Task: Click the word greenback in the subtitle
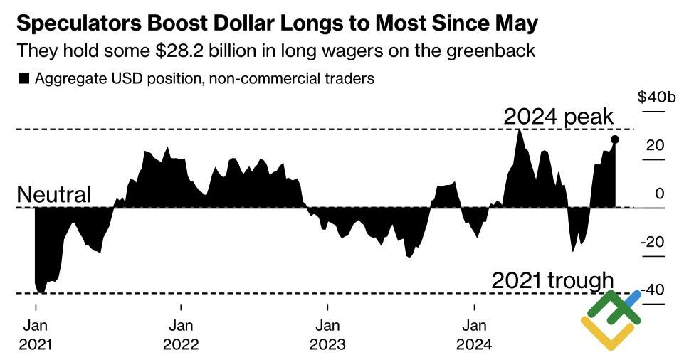coord(492,51)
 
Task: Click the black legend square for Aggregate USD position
coord(23,79)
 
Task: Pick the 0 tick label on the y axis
coord(660,194)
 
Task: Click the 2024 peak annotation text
coord(558,117)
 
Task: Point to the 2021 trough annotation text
coord(552,280)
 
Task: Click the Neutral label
coord(54,194)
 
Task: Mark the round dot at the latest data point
coord(615,140)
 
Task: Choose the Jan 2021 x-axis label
coord(35,335)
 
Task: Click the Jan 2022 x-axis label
coord(181,335)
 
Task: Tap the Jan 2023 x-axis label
coord(327,335)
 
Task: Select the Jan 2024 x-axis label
coord(474,335)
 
